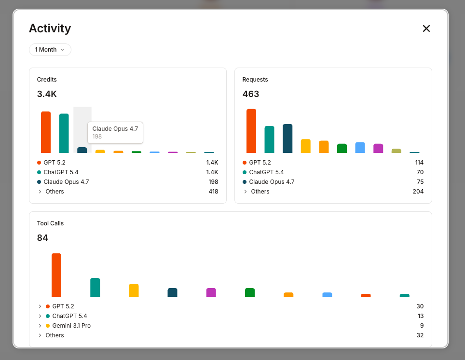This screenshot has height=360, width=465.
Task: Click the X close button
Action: [426, 28]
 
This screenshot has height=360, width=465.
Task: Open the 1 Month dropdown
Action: [50, 50]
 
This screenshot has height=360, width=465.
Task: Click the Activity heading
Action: [50, 28]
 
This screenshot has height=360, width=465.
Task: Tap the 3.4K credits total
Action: [47, 94]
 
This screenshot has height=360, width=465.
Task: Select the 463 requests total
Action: [250, 94]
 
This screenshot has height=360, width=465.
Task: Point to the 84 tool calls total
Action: [42, 238]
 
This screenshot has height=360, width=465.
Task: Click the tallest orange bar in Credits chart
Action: [46, 132]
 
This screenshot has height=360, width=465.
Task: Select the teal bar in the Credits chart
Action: [64, 133]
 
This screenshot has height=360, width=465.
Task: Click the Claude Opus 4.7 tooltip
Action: [115, 132]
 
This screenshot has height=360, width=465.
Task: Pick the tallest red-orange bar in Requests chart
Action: [251, 131]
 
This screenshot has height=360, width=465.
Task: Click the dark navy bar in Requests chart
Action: [287, 138]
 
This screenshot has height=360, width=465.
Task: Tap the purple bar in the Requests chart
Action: [378, 148]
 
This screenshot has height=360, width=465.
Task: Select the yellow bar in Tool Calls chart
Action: [134, 290]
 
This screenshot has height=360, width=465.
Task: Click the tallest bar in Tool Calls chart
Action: [56, 275]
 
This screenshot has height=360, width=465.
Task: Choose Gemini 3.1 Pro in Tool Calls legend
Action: [71, 326]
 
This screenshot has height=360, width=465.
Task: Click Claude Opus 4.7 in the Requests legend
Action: [272, 182]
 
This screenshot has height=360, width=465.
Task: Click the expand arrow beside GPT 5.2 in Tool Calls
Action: [39, 306]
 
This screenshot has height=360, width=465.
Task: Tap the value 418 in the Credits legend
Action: [213, 192]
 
